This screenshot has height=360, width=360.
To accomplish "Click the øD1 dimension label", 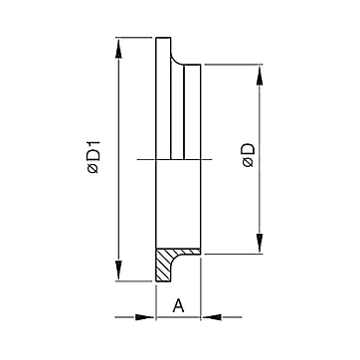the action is [93, 157].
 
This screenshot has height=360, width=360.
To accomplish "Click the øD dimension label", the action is [249, 155].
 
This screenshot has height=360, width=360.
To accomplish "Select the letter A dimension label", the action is [178, 305].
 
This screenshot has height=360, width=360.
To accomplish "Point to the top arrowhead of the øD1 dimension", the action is [118, 49].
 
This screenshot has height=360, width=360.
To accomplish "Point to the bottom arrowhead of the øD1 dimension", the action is [118, 270].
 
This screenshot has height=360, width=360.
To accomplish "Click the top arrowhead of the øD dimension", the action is [260, 75].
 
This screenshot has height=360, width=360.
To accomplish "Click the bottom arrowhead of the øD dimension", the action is [260, 244].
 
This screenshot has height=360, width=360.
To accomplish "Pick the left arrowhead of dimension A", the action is [145, 317].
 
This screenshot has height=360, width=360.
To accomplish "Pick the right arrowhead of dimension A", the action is [211, 317].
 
